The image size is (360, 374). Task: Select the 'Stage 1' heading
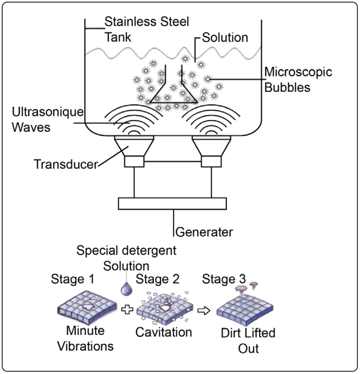pyautogui.click(x=73, y=279)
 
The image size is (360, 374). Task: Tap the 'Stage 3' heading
pyautogui.click(x=223, y=279)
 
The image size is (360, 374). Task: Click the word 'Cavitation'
pyautogui.click(x=164, y=332)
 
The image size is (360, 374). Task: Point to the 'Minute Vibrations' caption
pyautogui.click(x=86, y=339)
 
